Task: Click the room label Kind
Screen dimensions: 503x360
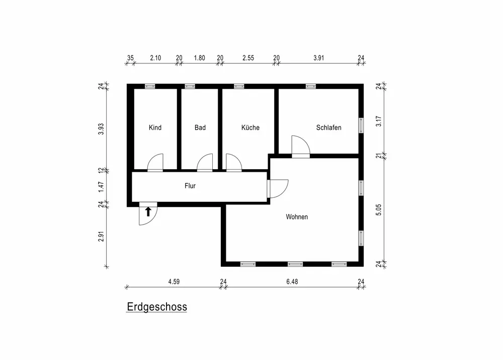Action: [155, 128]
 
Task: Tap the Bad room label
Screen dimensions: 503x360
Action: [200, 128]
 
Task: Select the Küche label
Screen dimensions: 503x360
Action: [250, 128]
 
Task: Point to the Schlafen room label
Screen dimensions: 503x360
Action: [328, 128]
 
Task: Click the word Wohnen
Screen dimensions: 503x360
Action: [297, 217]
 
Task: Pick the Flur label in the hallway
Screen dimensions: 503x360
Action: [190, 186]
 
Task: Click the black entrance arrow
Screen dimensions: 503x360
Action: [148, 211]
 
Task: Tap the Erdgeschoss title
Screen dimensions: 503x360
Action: [156, 307]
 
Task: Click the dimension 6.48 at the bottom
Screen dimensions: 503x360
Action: [292, 281]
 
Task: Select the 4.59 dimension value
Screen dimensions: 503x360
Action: [174, 281]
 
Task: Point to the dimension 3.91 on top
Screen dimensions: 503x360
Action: [318, 58]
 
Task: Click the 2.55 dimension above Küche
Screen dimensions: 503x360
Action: [248, 58]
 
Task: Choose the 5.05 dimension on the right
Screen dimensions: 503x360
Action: [379, 209]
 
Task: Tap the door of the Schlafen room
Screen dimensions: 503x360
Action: [301, 146]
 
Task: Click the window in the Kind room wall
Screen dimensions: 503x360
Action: [150, 86]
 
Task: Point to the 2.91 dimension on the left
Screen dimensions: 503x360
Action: [101, 236]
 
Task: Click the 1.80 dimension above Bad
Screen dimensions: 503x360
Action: [199, 58]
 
